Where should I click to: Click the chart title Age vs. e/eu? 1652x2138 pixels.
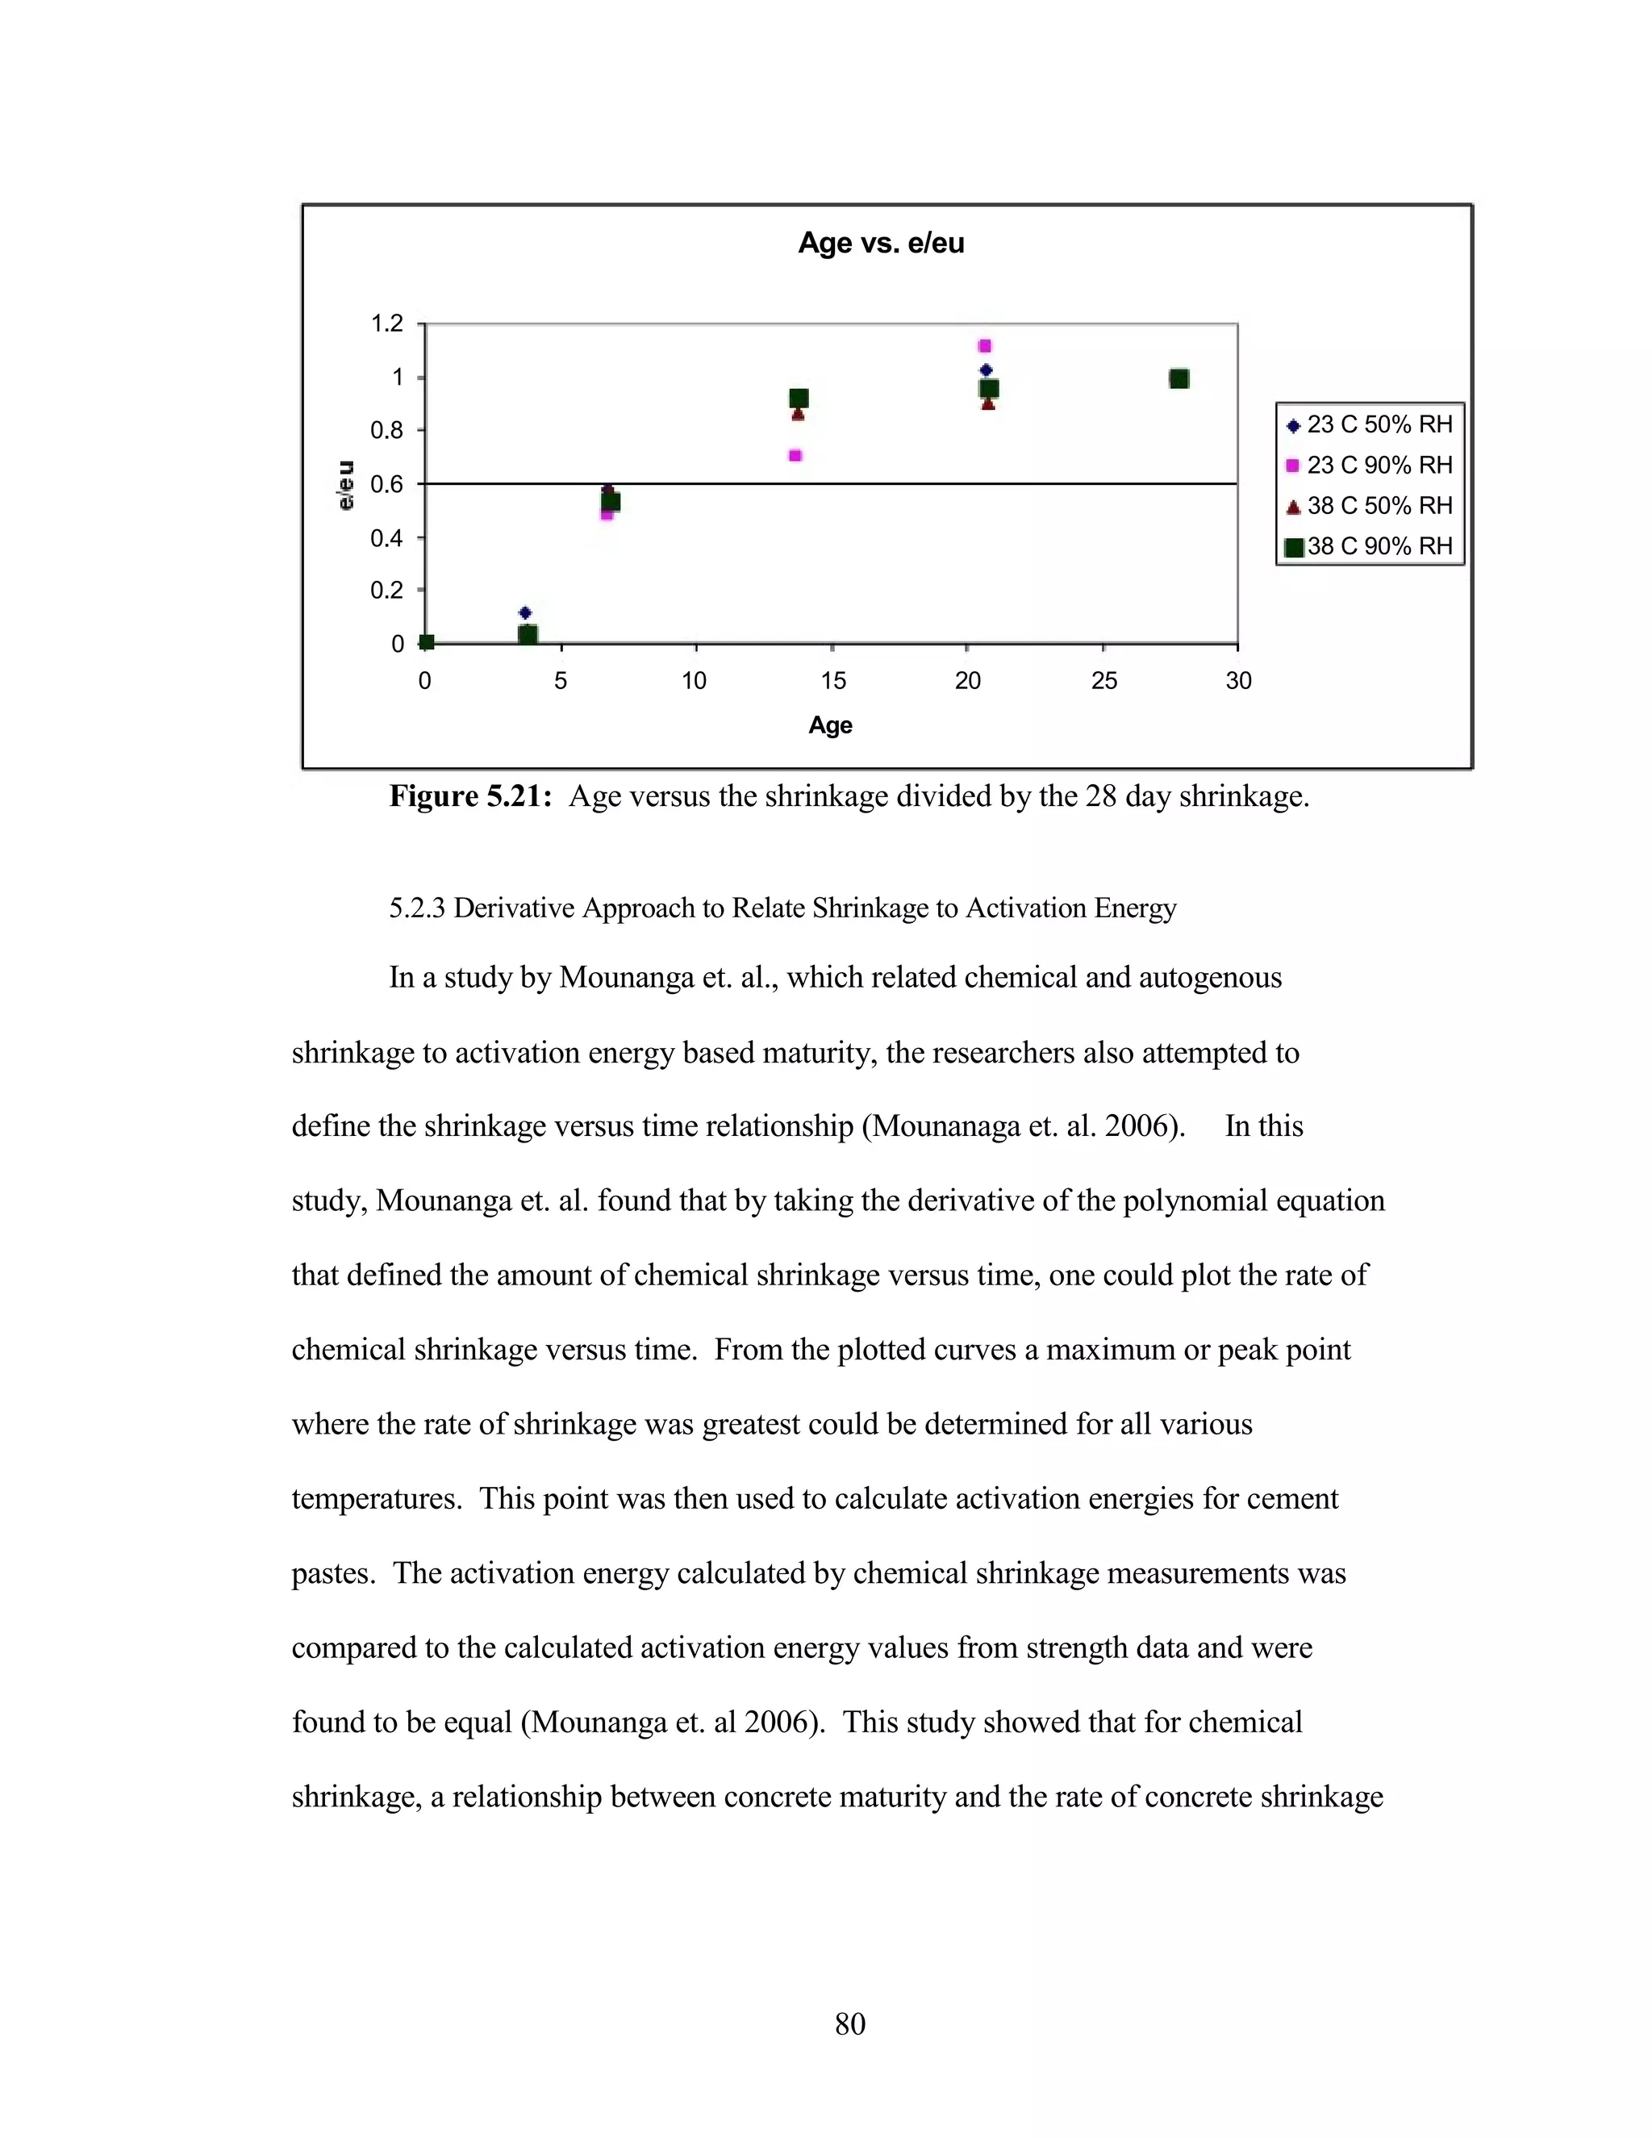click(881, 243)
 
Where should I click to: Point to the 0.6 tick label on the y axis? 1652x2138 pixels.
click(386, 483)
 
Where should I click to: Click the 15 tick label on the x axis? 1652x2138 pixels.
click(832, 682)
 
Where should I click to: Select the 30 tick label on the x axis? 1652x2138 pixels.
click(1238, 682)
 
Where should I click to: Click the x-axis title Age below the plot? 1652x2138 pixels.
click(830, 725)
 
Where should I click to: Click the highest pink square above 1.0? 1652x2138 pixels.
click(985, 345)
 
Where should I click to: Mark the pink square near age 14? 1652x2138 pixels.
click(795, 455)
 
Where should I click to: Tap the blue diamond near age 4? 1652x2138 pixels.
click(524, 613)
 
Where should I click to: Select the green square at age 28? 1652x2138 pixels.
click(1179, 379)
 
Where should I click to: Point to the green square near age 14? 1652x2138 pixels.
click(799, 398)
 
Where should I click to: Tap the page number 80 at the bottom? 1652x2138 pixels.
click(849, 2023)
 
